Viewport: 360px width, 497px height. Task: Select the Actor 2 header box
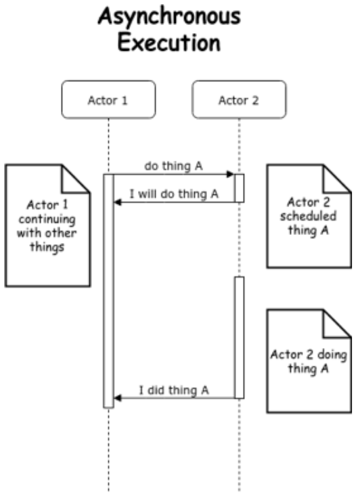(238, 100)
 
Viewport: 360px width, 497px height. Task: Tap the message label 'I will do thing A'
(174, 194)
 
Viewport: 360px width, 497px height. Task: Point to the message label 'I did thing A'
(174, 390)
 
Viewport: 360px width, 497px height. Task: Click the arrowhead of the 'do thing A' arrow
(230, 175)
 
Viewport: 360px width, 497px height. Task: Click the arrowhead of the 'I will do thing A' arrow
(117, 202)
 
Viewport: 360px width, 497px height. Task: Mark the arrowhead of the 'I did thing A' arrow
(117, 398)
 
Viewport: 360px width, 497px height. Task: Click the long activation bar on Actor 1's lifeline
(108, 291)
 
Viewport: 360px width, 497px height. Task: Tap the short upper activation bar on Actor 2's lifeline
(239, 188)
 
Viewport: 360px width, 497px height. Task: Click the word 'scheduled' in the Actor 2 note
(305, 217)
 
